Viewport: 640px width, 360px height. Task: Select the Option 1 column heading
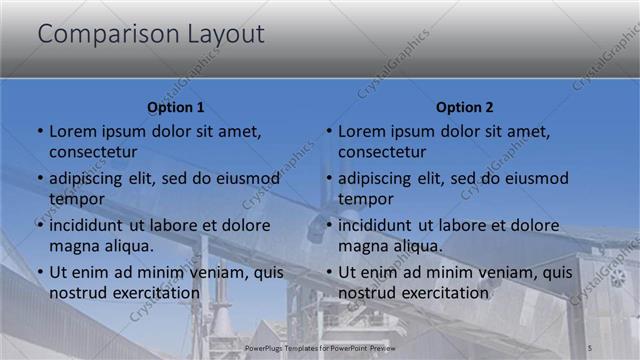(x=176, y=107)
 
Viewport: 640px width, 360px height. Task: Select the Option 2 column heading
(x=465, y=107)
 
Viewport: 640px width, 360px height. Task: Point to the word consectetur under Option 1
(x=94, y=152)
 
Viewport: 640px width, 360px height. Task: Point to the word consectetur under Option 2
(x=383, y=152)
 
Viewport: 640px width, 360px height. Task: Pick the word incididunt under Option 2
(x=384, y=226)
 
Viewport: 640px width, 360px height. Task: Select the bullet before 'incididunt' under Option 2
(x=328, y=226)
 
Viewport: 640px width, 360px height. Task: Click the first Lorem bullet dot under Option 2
(x=328, y=132)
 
